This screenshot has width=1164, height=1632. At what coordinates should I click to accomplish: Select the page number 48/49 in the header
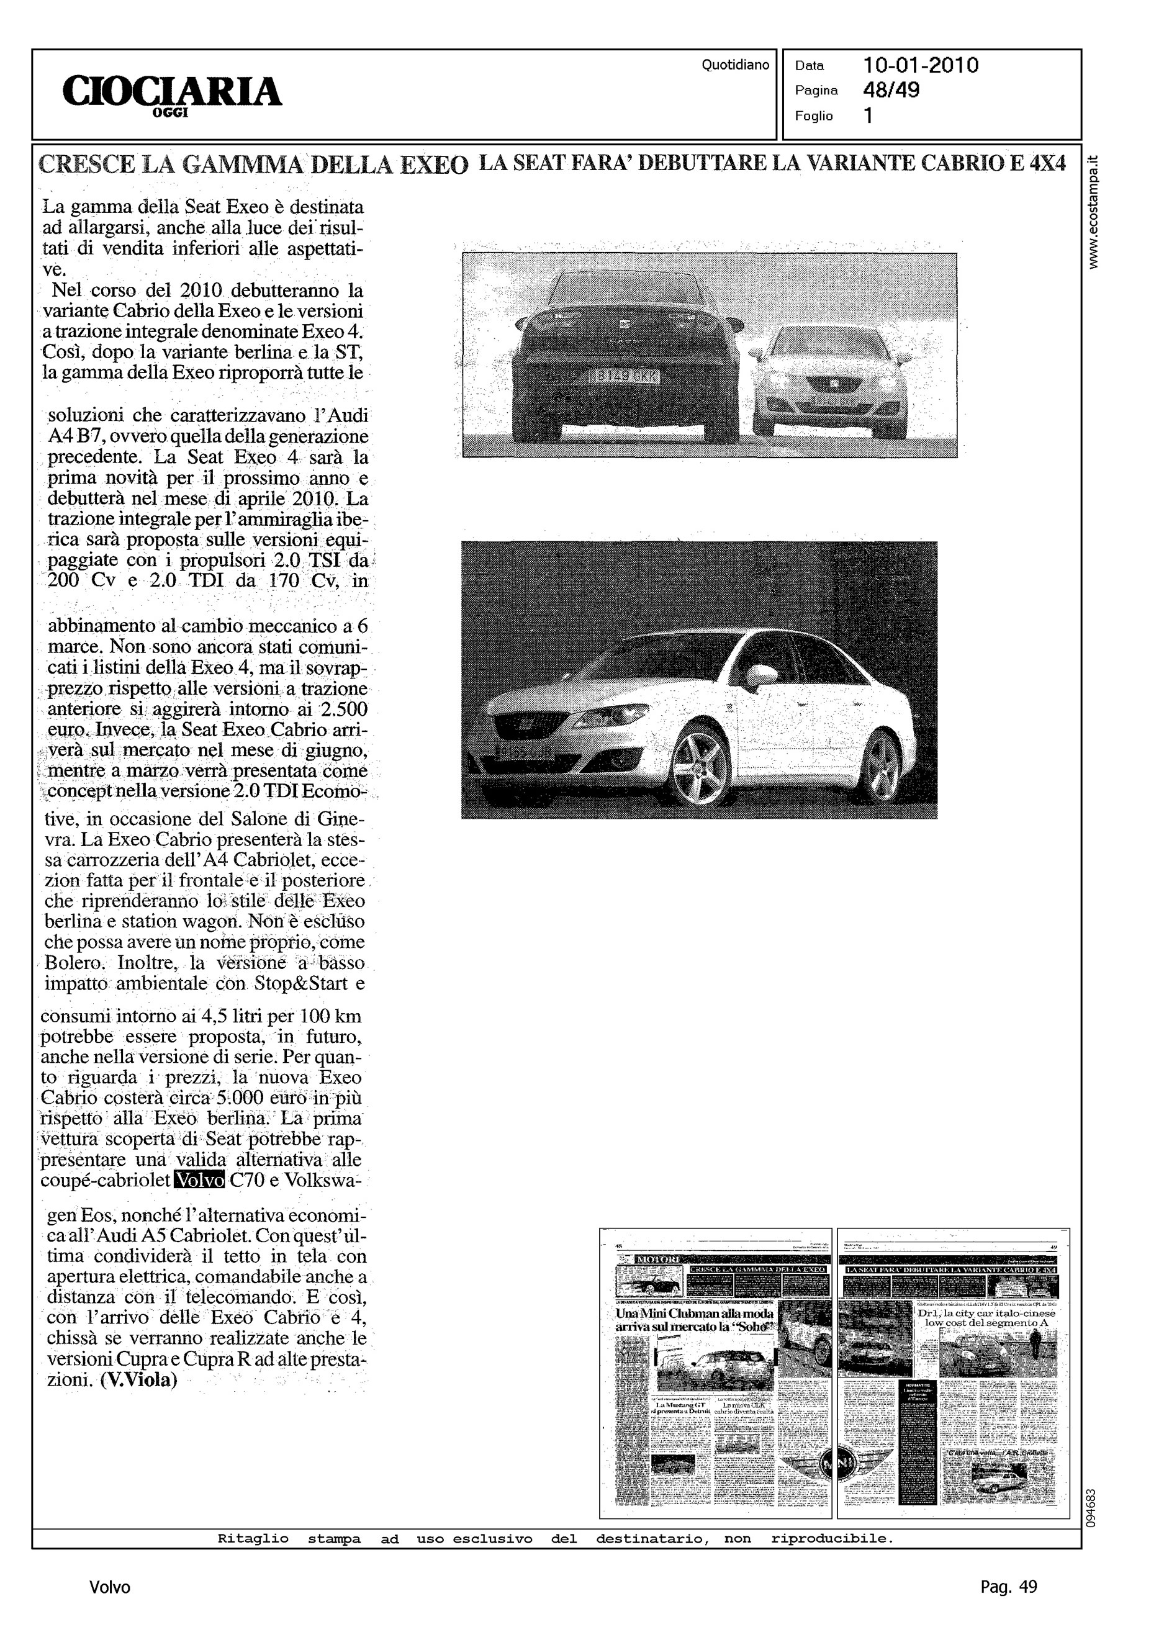coord(891,90)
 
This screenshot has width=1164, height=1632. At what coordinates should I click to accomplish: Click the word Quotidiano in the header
coord(734,65)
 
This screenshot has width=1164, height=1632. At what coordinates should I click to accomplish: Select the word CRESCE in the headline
coord(86,165)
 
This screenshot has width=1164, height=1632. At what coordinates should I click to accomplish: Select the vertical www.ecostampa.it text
coord(1093,213)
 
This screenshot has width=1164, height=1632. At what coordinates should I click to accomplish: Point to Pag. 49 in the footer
coord(1008,1587)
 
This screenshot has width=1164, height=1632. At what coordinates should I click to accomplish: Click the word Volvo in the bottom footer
coord(110,1587)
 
